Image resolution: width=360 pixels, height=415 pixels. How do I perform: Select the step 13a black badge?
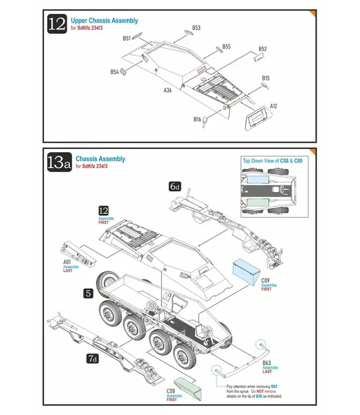coord(58,163)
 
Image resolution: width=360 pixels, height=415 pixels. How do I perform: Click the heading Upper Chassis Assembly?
coord(104,20)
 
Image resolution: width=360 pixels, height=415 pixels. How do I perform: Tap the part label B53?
coord(196,28)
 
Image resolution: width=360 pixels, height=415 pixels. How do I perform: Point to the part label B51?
coord(127,39)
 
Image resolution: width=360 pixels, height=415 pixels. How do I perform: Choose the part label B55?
coord(226,47)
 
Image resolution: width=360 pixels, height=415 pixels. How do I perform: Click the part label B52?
coord(263,49)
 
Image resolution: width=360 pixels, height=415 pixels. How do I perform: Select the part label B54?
coord(114,72)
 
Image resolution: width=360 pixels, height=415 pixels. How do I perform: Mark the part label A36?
coord(167,90)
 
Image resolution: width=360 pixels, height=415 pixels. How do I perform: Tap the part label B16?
coord(197,120)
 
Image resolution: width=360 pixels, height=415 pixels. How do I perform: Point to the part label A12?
coord(273,106)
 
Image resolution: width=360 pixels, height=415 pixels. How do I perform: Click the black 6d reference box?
coord(175,187)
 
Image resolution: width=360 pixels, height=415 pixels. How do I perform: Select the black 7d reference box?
coord(93,359)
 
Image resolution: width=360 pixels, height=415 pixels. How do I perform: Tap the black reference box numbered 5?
coord(88,294)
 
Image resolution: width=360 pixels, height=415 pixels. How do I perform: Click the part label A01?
coord(67,261)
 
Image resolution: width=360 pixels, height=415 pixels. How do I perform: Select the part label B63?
coord(266,362)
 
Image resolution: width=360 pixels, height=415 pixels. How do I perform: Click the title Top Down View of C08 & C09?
coord(272,160)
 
